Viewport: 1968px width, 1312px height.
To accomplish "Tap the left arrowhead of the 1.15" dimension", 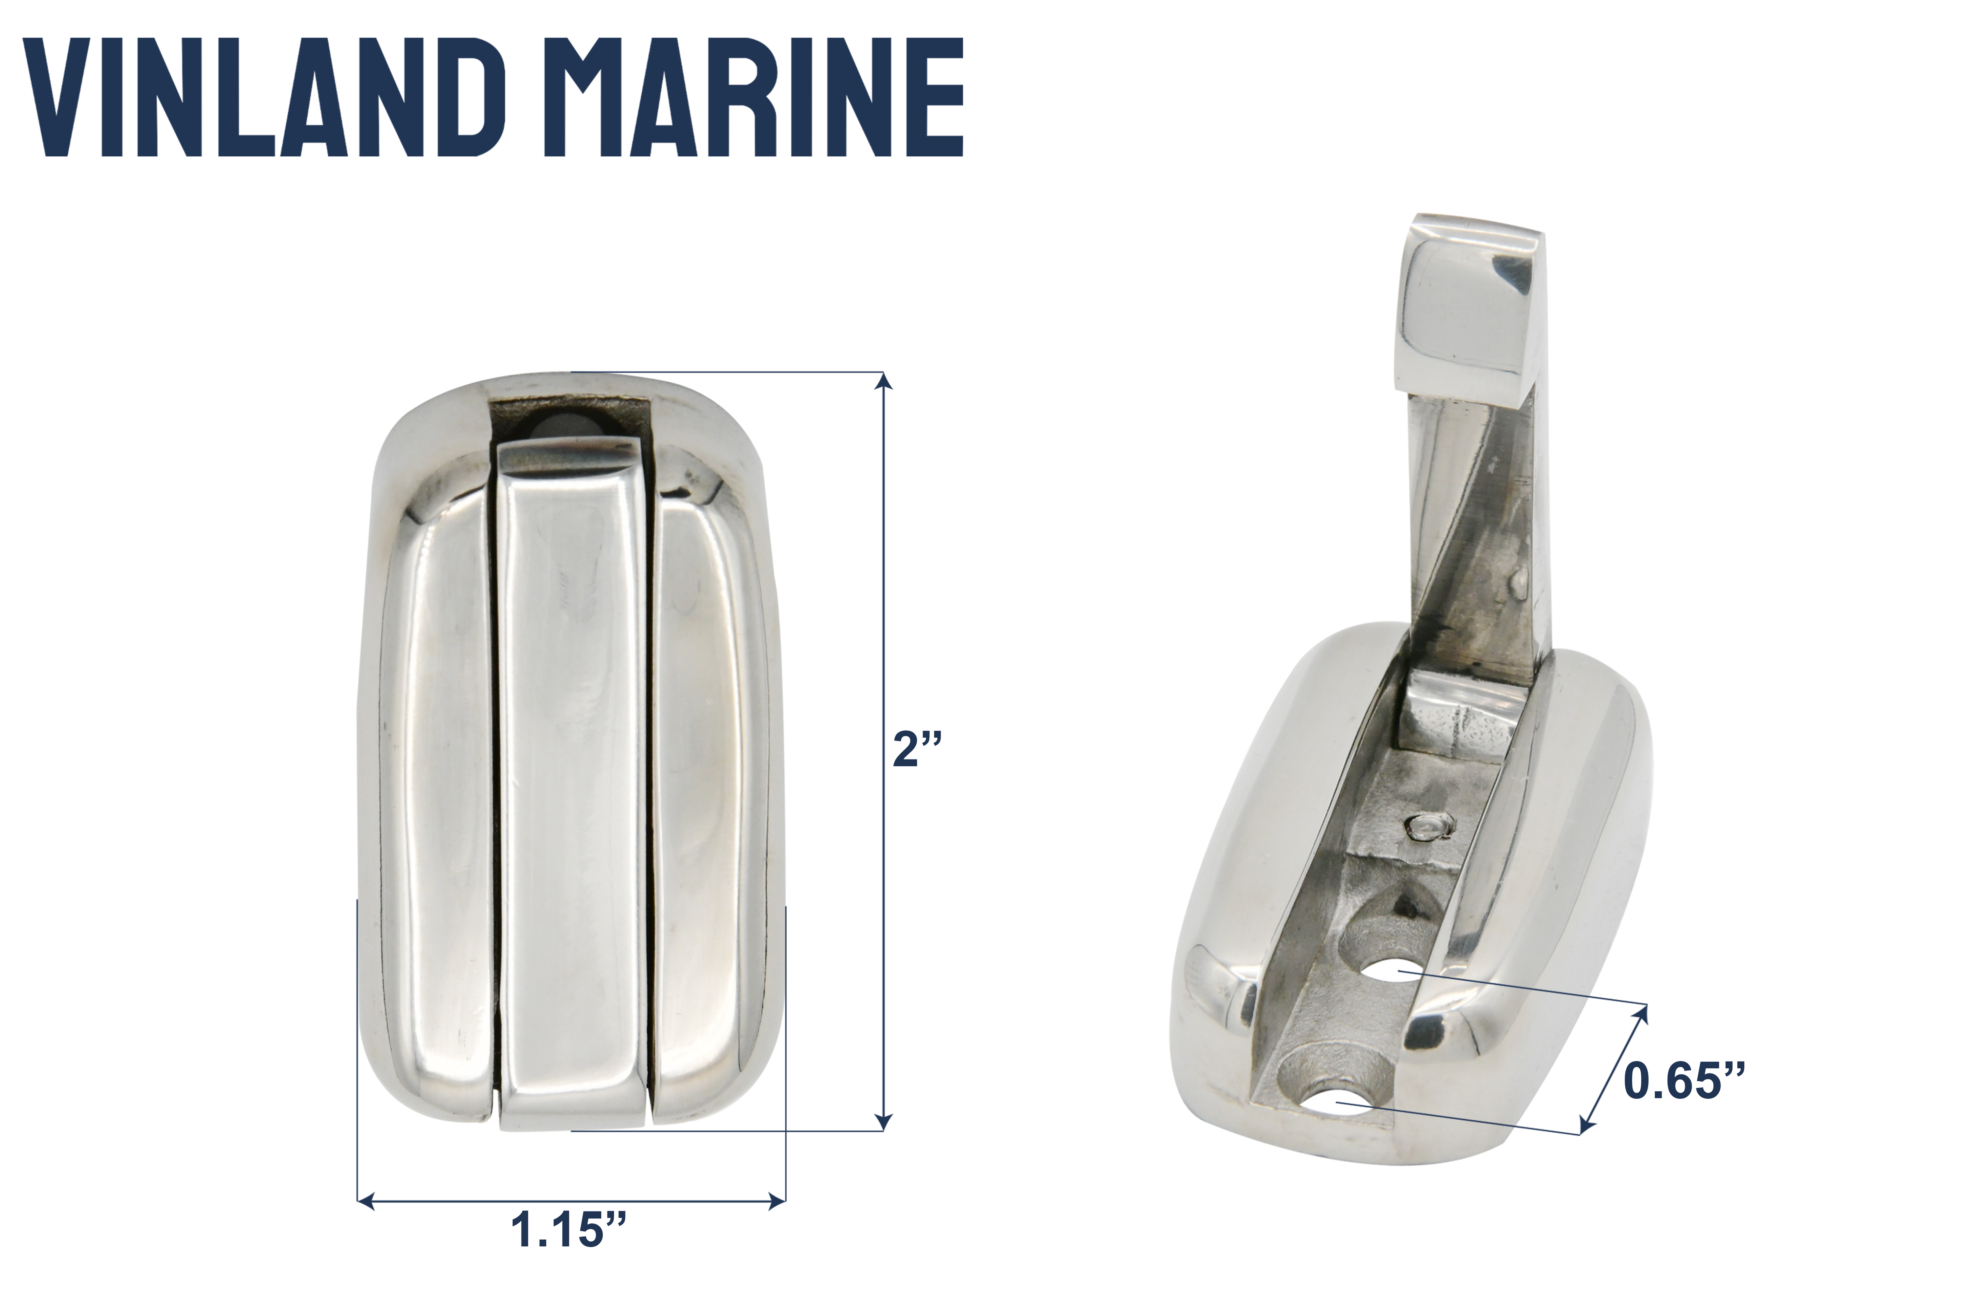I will tap(365, 1202).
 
